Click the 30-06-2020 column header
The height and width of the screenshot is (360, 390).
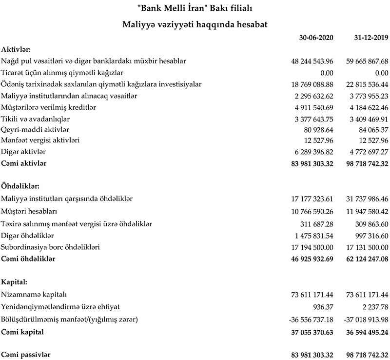click(316, 38)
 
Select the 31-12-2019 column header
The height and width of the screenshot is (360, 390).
click(370, 38)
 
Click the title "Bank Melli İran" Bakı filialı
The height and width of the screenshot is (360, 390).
click(195, 8)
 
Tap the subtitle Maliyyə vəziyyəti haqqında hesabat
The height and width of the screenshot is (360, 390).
click(195, 23)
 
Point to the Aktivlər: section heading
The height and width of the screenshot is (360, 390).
click(16, 49)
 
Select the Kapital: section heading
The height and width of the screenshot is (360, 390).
click(14, 282)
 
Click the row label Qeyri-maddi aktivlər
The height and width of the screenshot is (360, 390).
click(36, 129)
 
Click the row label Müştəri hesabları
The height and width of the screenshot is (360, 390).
click(29, 211)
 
